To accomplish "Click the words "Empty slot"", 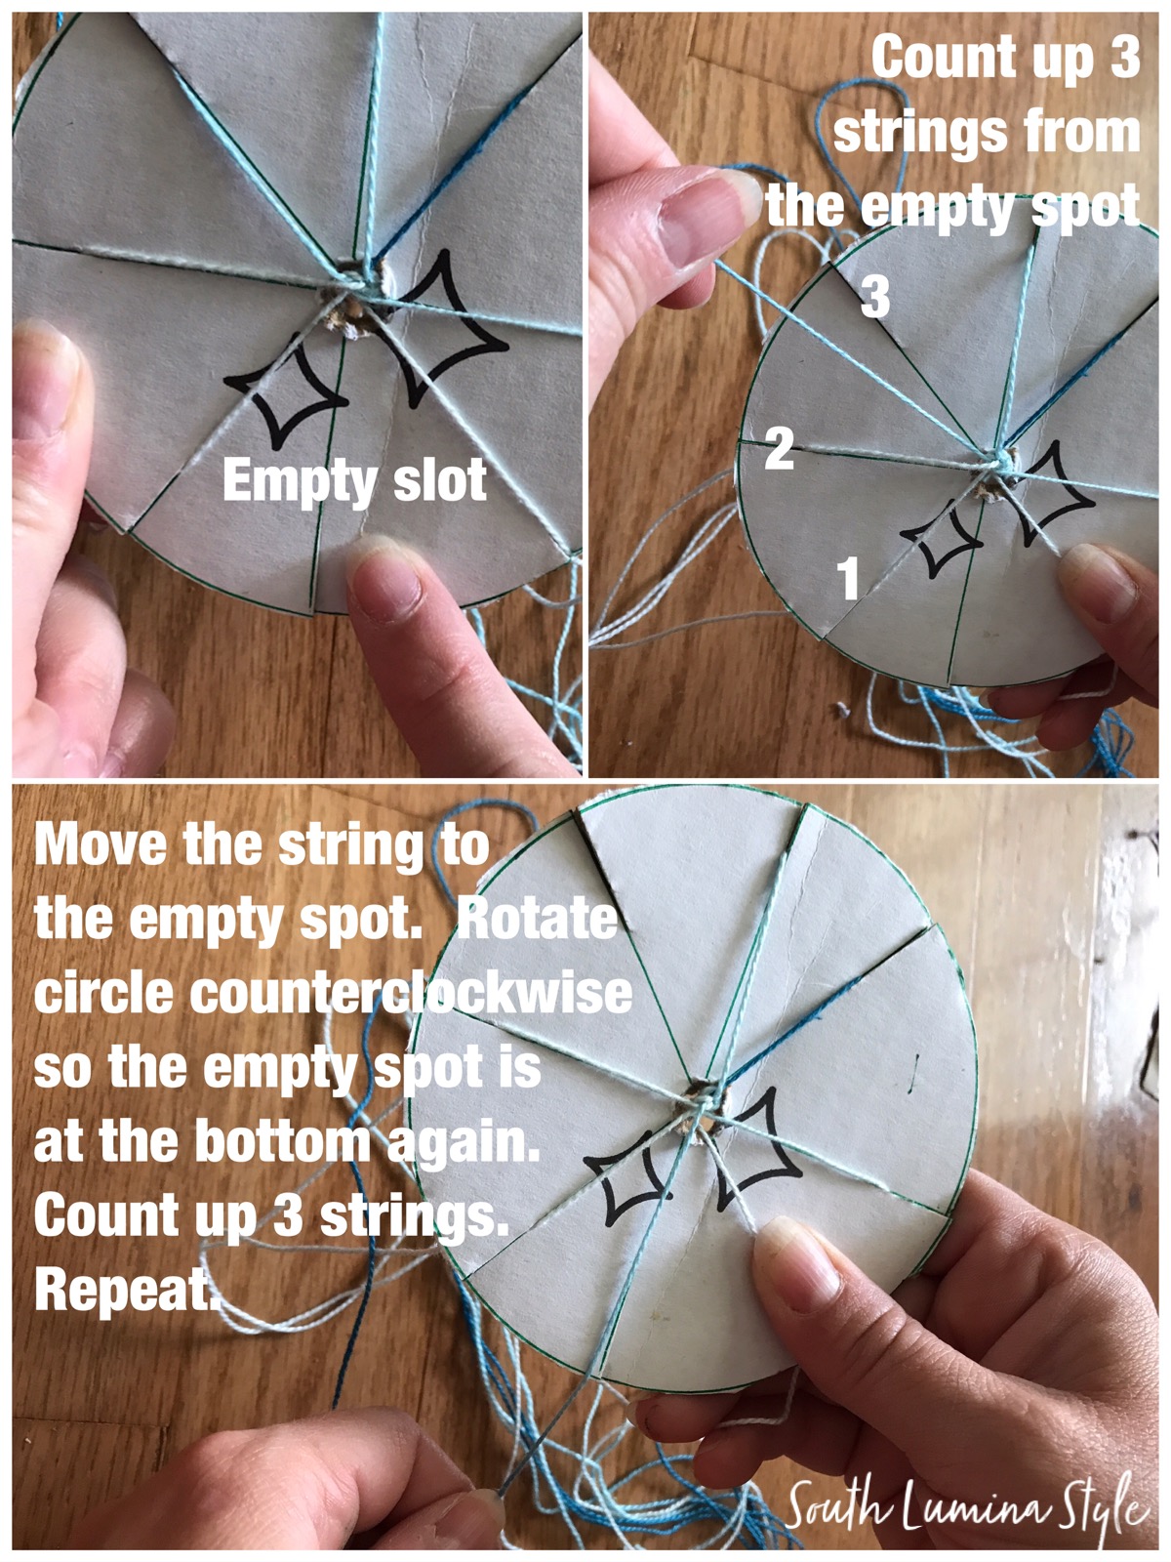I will [354, 481].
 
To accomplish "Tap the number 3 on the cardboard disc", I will [875, 297].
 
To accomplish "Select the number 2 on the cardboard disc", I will [779, 449].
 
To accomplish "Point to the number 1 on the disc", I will [849, 577].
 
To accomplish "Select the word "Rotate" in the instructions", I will [537, 919].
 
